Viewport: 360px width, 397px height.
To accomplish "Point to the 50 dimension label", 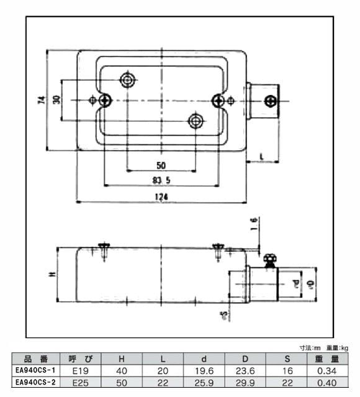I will point(161,165).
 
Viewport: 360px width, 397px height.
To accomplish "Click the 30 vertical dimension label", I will point(56,100).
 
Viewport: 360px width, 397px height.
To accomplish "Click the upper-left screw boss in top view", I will point(128,80).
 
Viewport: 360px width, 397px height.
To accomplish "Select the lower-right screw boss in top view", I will point(196,120).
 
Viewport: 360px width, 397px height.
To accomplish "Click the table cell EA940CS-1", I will point(36,370).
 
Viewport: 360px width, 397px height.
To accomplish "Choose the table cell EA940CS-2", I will point(36,382).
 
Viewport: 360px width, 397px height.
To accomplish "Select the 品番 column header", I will point(36,359).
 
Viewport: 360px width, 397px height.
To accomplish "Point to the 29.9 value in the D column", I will point(244,382).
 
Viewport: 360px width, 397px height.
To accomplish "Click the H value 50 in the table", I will point(121,382).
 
